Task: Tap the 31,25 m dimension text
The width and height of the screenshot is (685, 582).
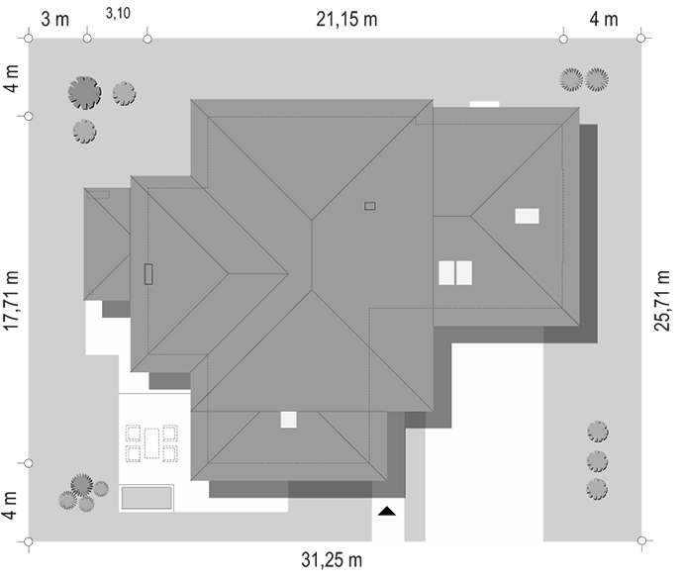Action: (x=332, y=561)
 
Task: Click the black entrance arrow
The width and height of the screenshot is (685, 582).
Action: (x=387, y=511)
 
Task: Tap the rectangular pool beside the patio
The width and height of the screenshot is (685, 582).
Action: (x=147, y=497)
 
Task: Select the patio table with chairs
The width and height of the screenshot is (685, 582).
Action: (x=150, y=442)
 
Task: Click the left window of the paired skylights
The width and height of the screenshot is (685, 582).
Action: (x=446, y=272)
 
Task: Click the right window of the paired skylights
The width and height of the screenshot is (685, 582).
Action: (x=463, y=272)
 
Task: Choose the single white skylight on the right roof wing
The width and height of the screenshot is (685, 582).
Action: (x=528, y=215)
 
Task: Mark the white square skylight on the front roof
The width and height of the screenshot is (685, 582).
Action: (x=289, y=420)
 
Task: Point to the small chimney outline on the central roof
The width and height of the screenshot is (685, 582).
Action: (x=370, y=206)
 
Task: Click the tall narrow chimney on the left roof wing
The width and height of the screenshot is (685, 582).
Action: (x=148, y=273)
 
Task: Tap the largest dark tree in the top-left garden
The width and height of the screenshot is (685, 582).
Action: (x=85, y=93)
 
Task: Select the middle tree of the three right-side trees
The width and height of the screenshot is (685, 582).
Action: (x=597, y=460)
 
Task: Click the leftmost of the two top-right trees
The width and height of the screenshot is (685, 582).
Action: (x=571, y=78)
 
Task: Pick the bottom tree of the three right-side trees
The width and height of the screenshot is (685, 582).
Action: (x=597, y=488)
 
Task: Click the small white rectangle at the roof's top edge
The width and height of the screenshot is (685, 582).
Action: (x=484, y=103)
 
